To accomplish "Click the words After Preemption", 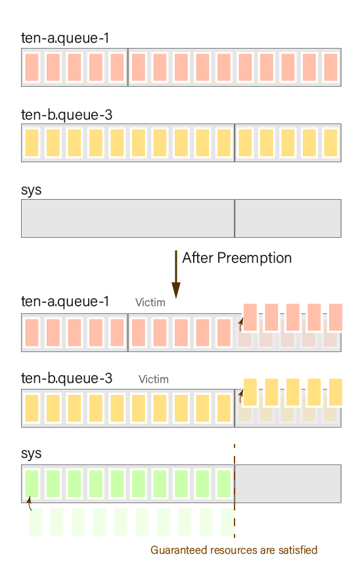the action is point(236,258).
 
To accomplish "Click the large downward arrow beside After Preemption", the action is point(176,275).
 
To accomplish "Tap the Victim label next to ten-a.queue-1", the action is point(150,303).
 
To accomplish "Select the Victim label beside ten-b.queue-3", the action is point(154,379).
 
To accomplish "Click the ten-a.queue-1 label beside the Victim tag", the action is point(65,302).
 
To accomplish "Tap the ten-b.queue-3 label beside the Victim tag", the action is point(66,378).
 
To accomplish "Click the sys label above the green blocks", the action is point(31,453).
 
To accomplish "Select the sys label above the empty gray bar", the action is point(31,190).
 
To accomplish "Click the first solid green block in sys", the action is point(32,483).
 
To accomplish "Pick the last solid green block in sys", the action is point(224,483).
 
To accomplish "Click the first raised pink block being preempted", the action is point(250,317).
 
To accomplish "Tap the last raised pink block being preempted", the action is point(336,317).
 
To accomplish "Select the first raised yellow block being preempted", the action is point(250,392).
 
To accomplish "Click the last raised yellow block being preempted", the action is point(336,392).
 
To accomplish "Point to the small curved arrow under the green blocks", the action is point(30,503).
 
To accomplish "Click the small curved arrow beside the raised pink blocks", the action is point(240,324).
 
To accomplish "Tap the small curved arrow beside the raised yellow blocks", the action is point(240,396).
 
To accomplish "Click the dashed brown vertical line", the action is point(235,491).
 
